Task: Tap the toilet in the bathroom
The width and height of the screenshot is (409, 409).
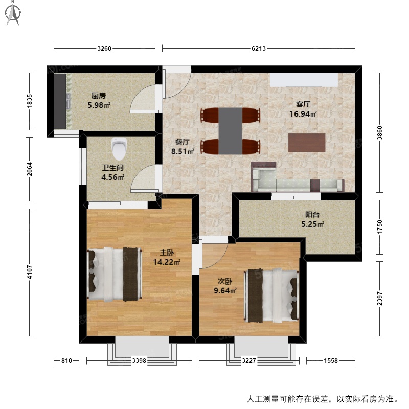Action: pos(119,149)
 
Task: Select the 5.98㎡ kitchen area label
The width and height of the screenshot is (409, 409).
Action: pos(98,105)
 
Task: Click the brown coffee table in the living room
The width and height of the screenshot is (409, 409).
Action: pos(307,143)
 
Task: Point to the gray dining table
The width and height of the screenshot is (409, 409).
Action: pos(230,131)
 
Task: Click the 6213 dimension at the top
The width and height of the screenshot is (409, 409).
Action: pos(259,49)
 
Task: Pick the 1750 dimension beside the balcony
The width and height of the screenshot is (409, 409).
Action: pos(380,227)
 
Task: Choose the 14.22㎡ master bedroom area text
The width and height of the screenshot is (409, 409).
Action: pos(167,262)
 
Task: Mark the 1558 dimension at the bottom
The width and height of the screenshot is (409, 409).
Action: pos(331,361)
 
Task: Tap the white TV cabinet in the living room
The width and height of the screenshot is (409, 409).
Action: pos(304,80)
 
